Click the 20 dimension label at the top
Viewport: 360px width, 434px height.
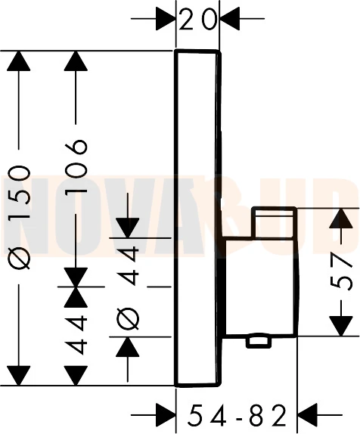click(197, 19)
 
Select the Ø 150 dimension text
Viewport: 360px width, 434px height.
click(19, 217)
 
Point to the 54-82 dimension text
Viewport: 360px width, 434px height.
click(237, 415)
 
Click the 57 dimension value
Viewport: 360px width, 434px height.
click(341, 272)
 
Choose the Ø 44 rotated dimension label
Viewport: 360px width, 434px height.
click(127, 288)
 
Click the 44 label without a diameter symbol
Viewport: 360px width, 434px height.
click(76, 336)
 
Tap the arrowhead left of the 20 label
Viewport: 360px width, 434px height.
click(166, 19)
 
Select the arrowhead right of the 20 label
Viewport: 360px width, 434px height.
click(230, 19)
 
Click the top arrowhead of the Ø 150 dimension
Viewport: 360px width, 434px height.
click(19, 61)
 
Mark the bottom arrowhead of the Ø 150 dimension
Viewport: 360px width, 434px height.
click(19, 375)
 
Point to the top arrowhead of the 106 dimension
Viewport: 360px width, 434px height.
click(76, 61)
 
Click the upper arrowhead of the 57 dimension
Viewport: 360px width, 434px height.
click(341, 218)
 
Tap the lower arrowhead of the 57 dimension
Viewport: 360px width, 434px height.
click(341, 327)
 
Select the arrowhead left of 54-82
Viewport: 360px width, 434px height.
click(166, 415)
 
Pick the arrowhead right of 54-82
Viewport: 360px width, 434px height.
click(307, 415)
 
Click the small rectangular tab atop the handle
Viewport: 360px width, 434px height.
click(274, 222)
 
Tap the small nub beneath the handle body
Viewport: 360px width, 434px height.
click(258, 342)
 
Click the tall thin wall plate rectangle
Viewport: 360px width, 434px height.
click(197, 218)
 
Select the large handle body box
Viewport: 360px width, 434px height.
click(261, 287)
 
